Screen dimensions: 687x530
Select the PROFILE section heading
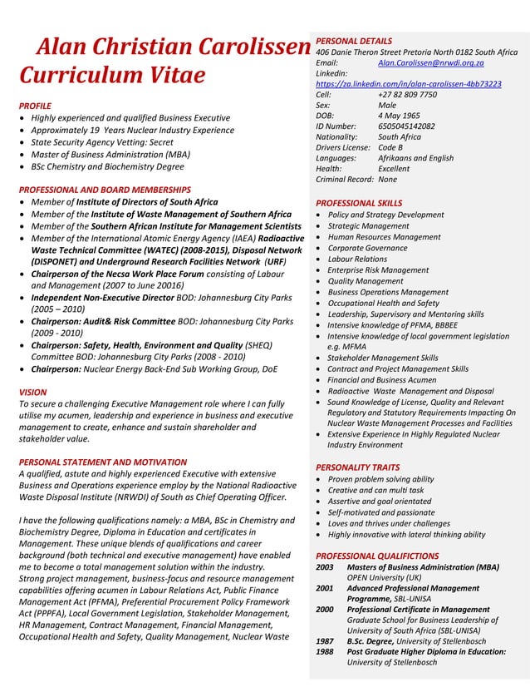pos(35,106)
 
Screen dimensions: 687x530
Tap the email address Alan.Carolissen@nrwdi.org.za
pos(430,63)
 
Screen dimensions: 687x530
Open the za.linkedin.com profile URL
pos(408,84)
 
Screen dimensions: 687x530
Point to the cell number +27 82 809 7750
pos(407,95)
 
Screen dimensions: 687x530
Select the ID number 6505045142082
pos(406,126)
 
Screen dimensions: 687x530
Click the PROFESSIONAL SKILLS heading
pos(359,203)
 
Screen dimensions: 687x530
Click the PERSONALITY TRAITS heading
pos(358,467)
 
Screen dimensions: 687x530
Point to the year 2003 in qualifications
pos(325,566)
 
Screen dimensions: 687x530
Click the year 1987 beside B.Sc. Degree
pos(325,641)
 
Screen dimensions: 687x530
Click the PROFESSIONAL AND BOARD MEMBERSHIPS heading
pos(105,190)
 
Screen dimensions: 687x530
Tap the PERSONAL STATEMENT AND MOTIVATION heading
pos(103,462)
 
